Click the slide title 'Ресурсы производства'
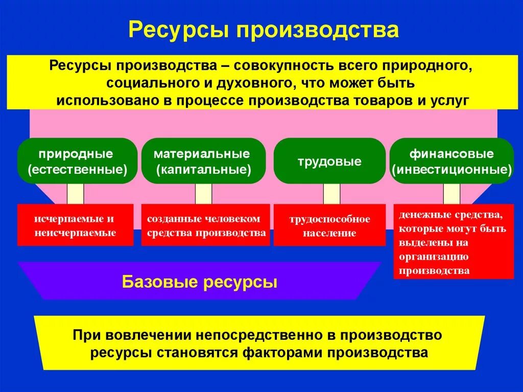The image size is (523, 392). click(263, 30)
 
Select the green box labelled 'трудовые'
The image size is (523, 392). click(329, 162)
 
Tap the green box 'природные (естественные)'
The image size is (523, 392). click(78, 161)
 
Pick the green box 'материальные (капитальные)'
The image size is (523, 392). click(203, 161)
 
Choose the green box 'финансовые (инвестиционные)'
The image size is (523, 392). click(451, 161)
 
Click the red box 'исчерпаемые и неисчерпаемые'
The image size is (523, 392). click(75, 225)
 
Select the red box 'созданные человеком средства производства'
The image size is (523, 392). click(206, 225)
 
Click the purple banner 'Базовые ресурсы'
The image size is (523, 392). click(200, 282)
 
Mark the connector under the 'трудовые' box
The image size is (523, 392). click(331, 194)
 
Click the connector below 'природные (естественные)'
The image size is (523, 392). click(76, 194)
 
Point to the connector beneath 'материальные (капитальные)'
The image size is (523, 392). click(203, 194)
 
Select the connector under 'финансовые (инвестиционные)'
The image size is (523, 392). click(451, 194)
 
